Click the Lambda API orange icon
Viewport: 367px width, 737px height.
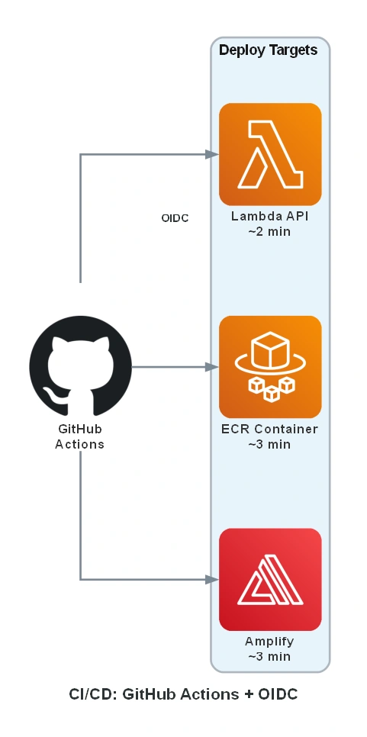[270, 154]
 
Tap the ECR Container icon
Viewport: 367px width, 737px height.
[270, 367]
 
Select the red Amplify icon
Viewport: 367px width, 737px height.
[270, 579]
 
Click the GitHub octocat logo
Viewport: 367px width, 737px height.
[80, 367]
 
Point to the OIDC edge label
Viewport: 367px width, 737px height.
[175, 218]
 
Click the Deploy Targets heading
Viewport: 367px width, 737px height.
[269, 50]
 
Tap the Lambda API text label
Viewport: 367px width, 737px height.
[270, 216]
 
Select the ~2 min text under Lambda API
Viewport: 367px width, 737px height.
[269, 231]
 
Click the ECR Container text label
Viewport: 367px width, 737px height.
[270, 429]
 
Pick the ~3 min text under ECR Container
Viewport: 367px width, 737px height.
[269, 444]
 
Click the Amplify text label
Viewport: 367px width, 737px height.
[269, 642]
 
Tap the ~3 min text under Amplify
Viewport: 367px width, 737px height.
[269, 656]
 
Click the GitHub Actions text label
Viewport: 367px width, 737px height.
[80, 436]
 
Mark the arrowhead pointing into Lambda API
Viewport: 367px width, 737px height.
[213, 154]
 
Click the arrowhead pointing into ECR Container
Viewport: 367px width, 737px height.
[213, 367]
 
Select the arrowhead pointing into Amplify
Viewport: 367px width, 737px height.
[213, 579]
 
